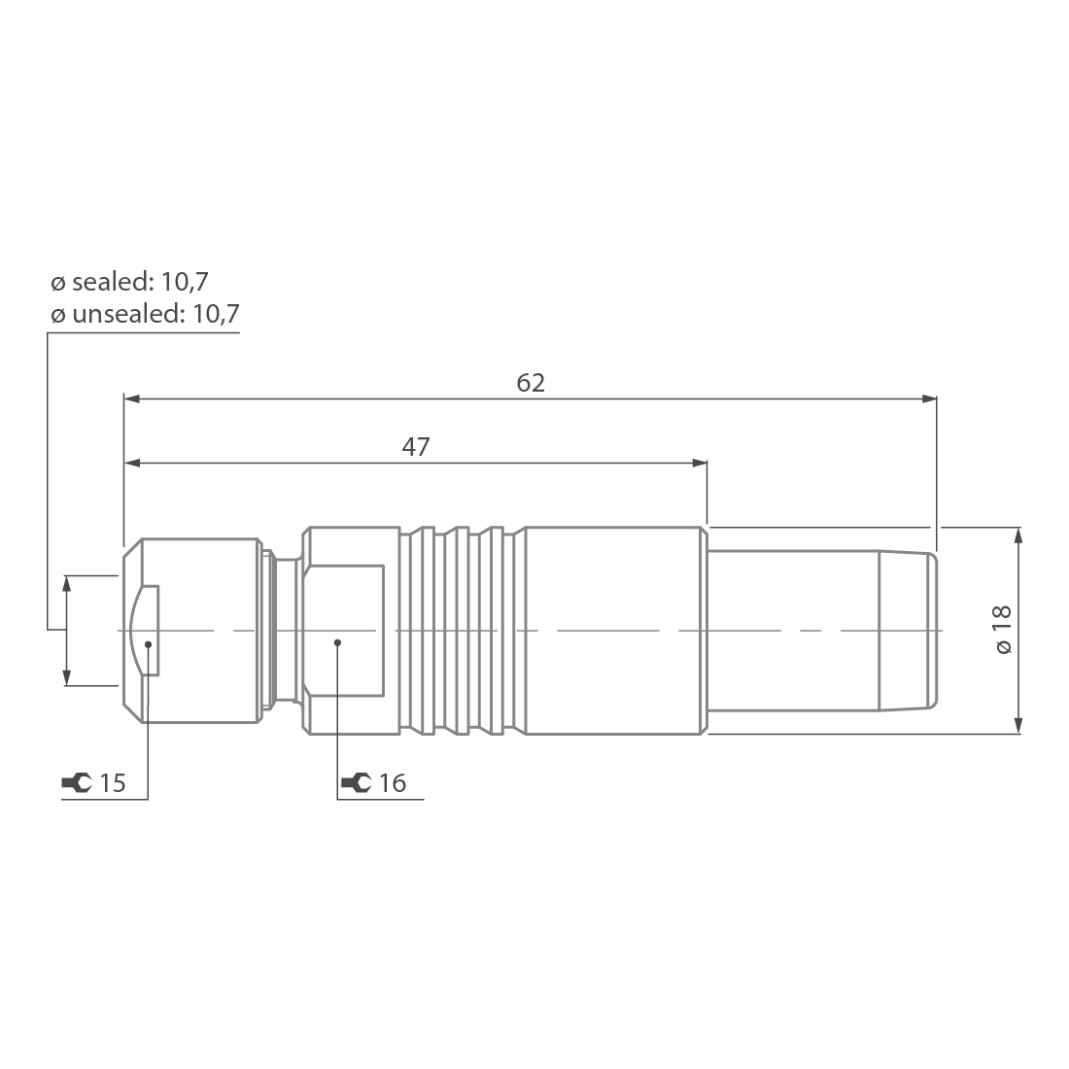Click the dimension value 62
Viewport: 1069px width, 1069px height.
[531, 383]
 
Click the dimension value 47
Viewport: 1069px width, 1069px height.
[416, 447]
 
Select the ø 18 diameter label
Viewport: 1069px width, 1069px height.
[1003, 630]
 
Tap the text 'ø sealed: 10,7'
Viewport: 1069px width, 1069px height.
[129, 282]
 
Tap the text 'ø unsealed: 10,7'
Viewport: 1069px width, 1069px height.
[145, 314]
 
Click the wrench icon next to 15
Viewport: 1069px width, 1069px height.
[76, 782]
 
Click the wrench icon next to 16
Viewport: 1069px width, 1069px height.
[356, 782]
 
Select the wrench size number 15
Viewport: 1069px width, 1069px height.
[113, 782]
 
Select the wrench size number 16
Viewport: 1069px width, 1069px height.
[392, 782]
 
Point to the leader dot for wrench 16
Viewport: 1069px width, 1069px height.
[337, 641]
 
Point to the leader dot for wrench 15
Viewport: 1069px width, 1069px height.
[148, 642]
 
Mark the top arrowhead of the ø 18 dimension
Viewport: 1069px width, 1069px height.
[1017, 535]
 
